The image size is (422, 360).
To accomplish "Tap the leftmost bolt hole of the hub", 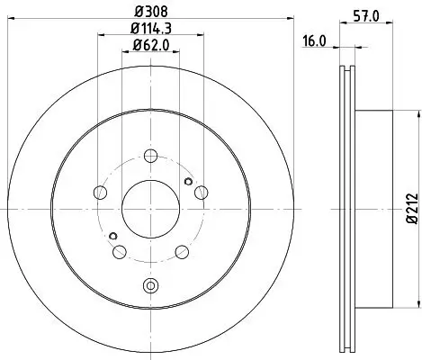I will tap(100, 193).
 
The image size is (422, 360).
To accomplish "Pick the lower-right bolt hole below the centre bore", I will tap(181, 250).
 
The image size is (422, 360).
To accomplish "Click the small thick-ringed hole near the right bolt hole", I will tap(188, 179).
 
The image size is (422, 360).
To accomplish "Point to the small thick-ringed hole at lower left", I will tap(112, 237).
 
